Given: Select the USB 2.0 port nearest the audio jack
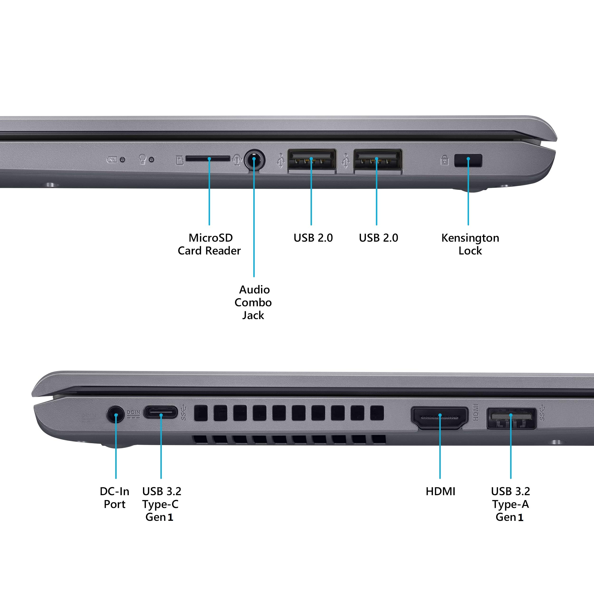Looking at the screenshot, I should (x=311, y=159).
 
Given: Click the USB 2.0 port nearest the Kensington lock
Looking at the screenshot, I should (x=377, y=159).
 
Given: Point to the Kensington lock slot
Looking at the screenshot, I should (x=468, y=160).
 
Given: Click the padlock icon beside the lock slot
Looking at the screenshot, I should (x=444, y=160).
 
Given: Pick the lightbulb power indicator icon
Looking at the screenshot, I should (x=142, y=159).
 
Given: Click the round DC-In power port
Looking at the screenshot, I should (x=116, y=414).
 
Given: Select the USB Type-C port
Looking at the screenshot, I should (x=160, y=412).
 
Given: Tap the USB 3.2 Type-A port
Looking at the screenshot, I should (x=511, y=418).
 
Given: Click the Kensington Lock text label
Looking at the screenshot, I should (x=470, y=244).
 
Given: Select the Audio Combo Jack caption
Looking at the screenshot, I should (x=253, y=302).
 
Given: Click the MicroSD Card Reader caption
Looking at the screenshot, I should (x=209, y=244).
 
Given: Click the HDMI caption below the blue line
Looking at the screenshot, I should (x=440, y=491).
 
